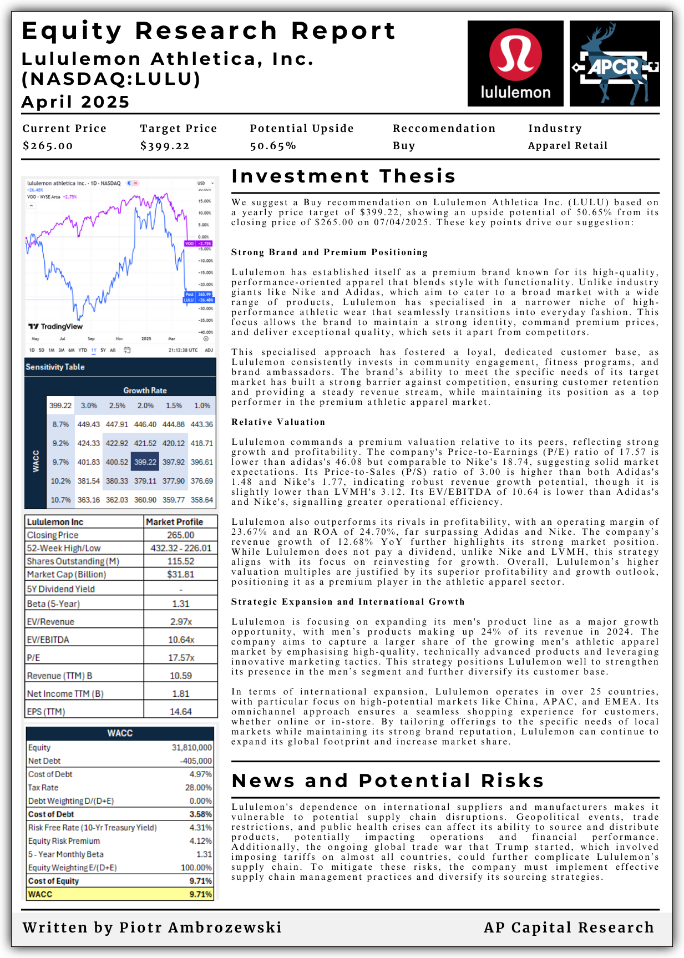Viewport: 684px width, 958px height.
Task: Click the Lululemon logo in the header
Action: click(515, 63)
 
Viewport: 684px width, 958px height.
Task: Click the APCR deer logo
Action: click(615, 63)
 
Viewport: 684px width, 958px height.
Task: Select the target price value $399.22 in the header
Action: click(165, 146)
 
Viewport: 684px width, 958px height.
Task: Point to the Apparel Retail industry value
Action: click(568, 145)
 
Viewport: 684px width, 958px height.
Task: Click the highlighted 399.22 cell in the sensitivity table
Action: click(145, 462)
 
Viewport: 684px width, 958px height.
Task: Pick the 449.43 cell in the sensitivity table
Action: click(89, 424)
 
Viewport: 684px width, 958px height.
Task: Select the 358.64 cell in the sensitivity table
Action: click(202, 500)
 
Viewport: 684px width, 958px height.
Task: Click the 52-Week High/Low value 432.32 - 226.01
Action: click(181, 548)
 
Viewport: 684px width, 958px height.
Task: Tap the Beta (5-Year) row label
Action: click(53, 604)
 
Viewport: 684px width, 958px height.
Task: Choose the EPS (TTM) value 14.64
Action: click(181, 712)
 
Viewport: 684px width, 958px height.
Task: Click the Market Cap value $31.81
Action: click(181, 575)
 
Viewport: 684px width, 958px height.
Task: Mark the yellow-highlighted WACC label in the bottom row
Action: click(40, 894)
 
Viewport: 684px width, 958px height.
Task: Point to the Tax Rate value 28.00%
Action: click(199, 788)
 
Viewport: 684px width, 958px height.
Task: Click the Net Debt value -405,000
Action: click(196, 761)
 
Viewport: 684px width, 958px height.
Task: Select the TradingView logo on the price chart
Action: click(55, 326)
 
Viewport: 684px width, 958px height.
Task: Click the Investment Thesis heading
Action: click(343, 176)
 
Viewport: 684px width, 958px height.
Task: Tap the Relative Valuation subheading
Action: click(278, 422)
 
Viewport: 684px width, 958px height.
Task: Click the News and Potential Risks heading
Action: click(388, 781)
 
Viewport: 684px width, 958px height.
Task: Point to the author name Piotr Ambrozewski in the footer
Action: click(200, 927)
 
